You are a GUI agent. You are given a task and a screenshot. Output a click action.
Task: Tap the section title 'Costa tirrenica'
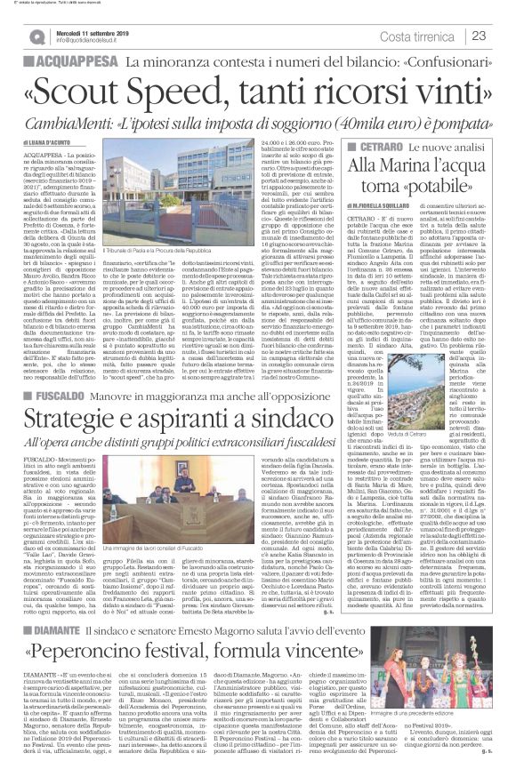(432, 36)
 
